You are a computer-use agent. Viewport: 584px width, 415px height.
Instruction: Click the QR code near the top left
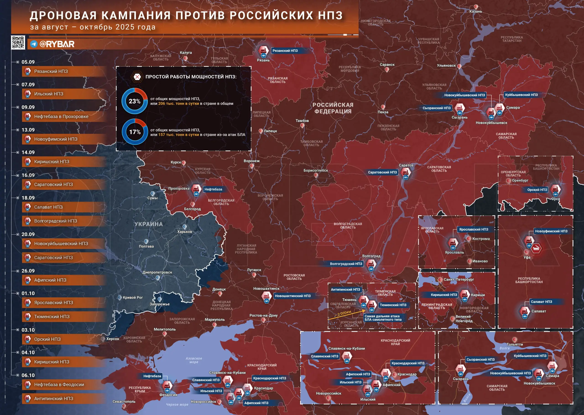(18, 42)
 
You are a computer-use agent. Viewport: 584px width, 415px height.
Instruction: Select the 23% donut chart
(135, 101)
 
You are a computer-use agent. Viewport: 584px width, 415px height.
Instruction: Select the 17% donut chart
(135, 132)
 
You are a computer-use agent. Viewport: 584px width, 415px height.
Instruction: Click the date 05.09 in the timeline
(28, 62)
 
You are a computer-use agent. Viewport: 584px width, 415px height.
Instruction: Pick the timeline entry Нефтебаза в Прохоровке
(61, 116)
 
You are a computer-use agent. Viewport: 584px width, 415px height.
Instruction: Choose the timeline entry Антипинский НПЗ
(54, 399)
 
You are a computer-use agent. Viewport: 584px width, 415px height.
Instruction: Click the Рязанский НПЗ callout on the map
(285, 51)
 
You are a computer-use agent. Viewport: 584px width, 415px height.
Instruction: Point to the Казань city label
(475, 11)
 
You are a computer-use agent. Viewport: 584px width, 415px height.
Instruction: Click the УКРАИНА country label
(149, 224)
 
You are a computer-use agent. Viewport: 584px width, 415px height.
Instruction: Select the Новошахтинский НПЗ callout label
(293, 296)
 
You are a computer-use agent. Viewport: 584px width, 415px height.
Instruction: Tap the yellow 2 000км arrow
(347, 314)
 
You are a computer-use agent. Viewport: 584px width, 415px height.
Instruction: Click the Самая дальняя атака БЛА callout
(383, 318)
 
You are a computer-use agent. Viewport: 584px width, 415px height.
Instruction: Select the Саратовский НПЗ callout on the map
(382, 172)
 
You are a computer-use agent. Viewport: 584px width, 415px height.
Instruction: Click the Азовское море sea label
(194, 360)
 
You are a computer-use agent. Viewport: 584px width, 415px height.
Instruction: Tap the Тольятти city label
(515, 344)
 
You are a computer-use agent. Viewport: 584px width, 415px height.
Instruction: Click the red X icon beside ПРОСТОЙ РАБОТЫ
(137, 77)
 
